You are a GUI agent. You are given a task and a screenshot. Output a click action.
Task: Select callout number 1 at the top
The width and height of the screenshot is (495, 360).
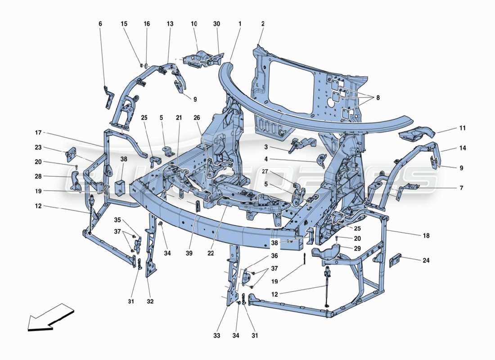[240, 23]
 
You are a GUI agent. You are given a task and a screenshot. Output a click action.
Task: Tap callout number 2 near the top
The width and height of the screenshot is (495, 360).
[262, 23]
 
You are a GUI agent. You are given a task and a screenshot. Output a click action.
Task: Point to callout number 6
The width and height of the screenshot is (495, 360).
[100, 23]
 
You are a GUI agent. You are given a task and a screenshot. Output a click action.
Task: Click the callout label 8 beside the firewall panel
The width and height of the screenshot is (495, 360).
[378, 97]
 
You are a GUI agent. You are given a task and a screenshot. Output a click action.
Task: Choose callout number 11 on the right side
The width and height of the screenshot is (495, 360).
[463, 128]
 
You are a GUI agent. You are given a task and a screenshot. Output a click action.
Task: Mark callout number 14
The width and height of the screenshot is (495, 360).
[463, 148]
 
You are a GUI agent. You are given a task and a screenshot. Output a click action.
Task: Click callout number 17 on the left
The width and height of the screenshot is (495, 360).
[38, 133]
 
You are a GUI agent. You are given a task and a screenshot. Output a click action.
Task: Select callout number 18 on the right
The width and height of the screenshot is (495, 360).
[426, 235]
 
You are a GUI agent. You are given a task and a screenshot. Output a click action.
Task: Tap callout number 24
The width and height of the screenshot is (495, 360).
[426, 260]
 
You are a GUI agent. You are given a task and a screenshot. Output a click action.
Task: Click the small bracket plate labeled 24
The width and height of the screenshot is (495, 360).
[395, 260]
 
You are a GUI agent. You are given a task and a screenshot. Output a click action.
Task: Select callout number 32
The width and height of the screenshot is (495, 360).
[150, 301]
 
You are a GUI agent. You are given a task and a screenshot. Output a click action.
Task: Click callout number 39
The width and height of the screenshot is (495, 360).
[189, 254]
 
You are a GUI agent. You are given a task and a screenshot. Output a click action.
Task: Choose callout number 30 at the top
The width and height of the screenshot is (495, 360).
[217, 23]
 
